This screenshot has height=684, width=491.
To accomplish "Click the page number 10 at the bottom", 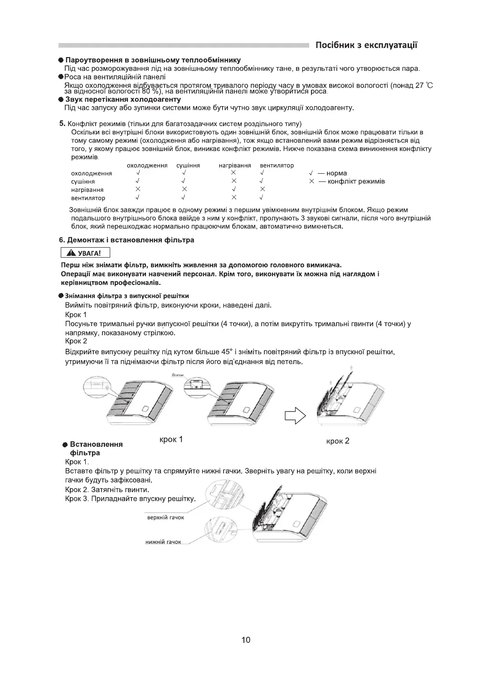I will (x=246, y=640).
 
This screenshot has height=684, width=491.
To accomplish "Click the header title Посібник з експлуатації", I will (x=366, y=45).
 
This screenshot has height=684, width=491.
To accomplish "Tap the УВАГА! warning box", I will (x=85, y=253).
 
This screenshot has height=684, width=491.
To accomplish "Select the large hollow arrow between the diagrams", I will (x=295, y=414).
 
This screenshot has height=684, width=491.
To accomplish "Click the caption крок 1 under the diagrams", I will (x=171, y=440).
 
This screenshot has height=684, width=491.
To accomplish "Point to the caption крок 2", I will (x=338, y=441).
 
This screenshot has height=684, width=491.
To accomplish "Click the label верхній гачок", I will (x=165, y=518).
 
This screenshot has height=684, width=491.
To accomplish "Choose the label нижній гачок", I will (x=163, y=542).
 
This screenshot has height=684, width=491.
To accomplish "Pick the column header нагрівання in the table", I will (x=234, y=166).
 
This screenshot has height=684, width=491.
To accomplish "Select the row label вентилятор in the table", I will (x=88, y=198).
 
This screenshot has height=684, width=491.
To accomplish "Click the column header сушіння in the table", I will (x=188, y=166).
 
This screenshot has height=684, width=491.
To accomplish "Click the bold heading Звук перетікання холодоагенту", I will (x=123, y=99).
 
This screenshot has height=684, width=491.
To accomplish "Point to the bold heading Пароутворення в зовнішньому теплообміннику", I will (x=153, y=60).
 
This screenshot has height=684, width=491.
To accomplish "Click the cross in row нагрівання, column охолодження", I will (x=138, y=189).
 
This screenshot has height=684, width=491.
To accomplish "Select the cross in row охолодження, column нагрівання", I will (x=233, y=173).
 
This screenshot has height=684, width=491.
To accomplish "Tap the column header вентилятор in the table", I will (x=277, y=166).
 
